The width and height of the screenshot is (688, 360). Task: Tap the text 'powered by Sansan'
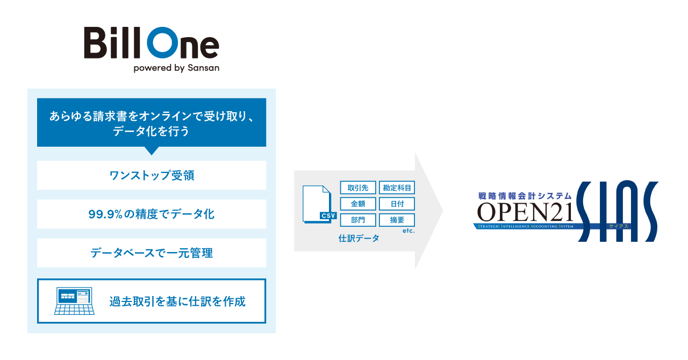pos(176,68)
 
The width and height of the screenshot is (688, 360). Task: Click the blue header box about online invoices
pos(152,123)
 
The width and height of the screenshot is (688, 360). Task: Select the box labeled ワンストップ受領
pos(152,175)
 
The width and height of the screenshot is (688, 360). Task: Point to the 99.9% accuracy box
pos(152,214)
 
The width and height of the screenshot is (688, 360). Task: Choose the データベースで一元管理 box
pos(152,253)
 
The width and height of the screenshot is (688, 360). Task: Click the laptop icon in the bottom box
pos(74,301)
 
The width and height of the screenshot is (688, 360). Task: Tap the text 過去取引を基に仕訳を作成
pos(177,301)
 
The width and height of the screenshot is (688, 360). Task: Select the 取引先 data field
pos(358,188)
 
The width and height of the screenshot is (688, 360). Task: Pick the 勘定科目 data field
pos(397,188)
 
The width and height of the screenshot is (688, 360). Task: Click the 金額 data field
pos(358,204)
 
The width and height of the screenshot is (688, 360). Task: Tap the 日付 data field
pos(397,204)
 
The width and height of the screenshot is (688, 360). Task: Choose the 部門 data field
pos(358,220)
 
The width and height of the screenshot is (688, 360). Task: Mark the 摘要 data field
pos(397,220)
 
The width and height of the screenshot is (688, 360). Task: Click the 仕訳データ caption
pos(359,238)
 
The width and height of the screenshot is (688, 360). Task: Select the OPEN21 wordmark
pos(525,212)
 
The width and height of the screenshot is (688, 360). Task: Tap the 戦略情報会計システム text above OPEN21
pos(525,197)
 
